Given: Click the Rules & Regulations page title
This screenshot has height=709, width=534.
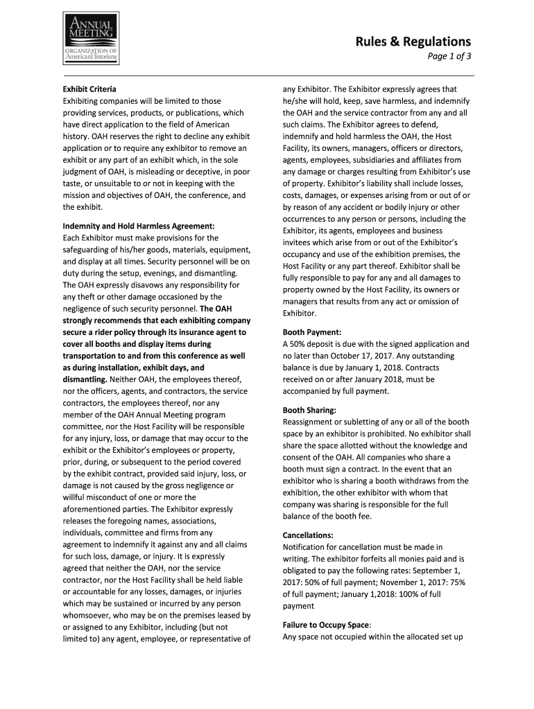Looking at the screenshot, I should click(413, 42).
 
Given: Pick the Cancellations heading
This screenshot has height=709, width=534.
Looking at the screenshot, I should click(308, 535).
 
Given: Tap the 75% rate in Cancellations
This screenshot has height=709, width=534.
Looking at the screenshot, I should click(456, 582).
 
